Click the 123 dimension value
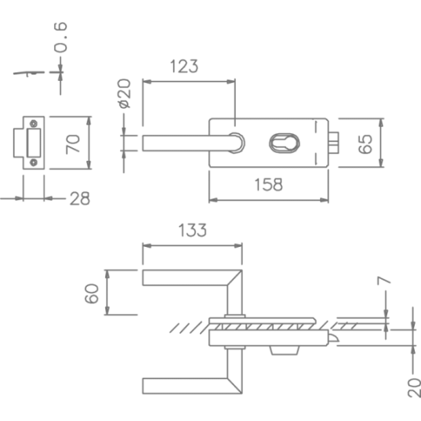(184, 67)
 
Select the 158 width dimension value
(268, 185)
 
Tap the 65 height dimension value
(365, 144)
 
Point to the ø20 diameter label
(125, 93)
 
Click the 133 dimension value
(193, 230)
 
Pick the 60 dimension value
(92, 293)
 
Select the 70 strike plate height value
(73, 144)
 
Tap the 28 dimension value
(80, 198)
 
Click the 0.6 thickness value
(60, 37)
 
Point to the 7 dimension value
(383, 281)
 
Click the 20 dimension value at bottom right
(414, 388)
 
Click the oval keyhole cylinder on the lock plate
(285, 143)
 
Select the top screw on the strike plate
(34, 124)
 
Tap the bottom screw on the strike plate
(34, 162)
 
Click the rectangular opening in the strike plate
(34, 143)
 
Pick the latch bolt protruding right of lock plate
(333, 143)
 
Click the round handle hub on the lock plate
(237, 143)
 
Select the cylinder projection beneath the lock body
(285, 350)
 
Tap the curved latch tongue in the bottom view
(333, 338)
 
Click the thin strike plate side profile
(29, 73)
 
